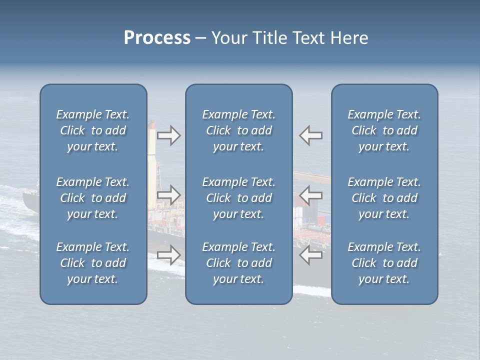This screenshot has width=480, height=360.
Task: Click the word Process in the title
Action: coord(157,38)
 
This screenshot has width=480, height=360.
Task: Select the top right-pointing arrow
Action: coord(168,135)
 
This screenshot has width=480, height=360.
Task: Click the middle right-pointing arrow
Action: coord(168,195)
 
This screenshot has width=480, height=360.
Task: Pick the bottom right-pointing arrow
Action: coord(168,255)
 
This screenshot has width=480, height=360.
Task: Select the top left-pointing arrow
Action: coord(310,135)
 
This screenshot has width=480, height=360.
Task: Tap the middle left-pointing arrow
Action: coord(310,195)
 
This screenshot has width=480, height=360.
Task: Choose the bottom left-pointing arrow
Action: coord(310,255)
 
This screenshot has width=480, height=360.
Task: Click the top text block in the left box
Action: coord(93,130)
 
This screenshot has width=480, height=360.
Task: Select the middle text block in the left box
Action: coord(93,198)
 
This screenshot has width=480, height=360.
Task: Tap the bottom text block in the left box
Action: coord(93,263)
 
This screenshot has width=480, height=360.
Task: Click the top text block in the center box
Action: coord(238,130)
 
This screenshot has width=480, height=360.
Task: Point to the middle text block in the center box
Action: coord(238,198)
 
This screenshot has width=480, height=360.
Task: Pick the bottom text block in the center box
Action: coord(238,263)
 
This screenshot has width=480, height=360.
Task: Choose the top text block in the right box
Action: coord(384,130)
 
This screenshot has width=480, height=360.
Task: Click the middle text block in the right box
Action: coord(384,198)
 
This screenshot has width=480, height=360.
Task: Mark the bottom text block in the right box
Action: coord(384,263)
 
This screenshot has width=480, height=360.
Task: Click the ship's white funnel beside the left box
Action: coord(152,150)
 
